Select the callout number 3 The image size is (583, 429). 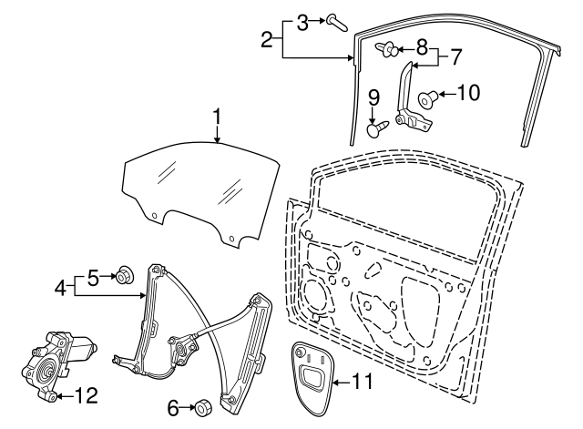click(x=302, y=18)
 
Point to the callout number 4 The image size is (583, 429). click(x=60, y=289)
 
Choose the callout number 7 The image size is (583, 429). click(x=455, y=56)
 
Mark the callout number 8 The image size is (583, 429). click(x=422, y=46)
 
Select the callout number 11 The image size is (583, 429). click(x=362, y=382)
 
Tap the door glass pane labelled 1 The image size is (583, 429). click(x=196, y=187)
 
